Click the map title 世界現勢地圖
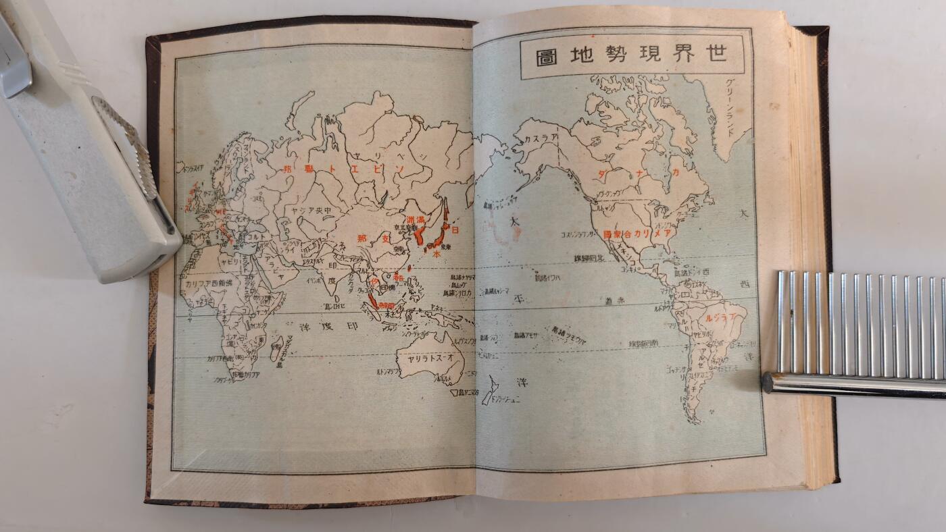(x=632, y=56)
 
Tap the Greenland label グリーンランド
(x=732, y=107)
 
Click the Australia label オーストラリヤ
(x=430, y=358)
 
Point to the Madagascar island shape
(x=276, y=348)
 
